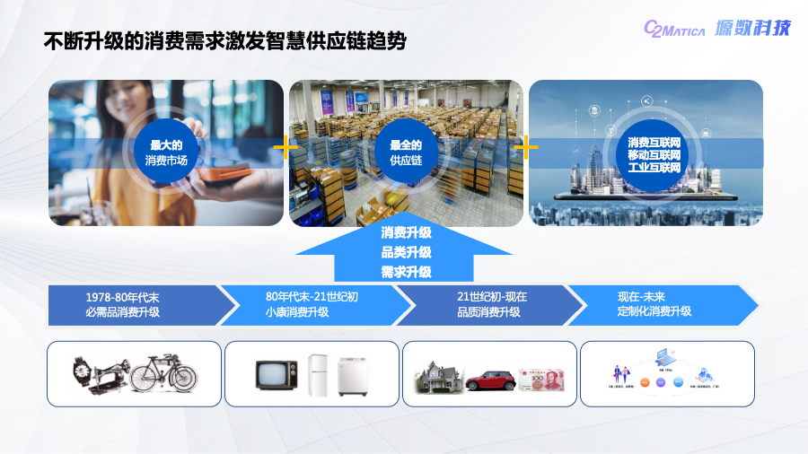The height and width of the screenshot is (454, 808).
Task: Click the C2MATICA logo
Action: (x=674, y=30)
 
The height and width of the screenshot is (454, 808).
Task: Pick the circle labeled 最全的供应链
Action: (x=405, y=153)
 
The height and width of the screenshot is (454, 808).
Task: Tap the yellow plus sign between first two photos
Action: (x=285, y=147)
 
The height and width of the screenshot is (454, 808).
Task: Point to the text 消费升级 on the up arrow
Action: (x=406, y=233)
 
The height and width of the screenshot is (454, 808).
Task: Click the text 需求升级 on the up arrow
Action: (x=406, y=271)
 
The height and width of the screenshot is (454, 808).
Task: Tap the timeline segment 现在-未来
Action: (x=655, y=304)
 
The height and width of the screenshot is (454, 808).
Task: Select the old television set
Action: (x=276, y=374)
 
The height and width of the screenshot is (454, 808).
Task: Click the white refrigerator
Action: (x=318, y=374)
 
